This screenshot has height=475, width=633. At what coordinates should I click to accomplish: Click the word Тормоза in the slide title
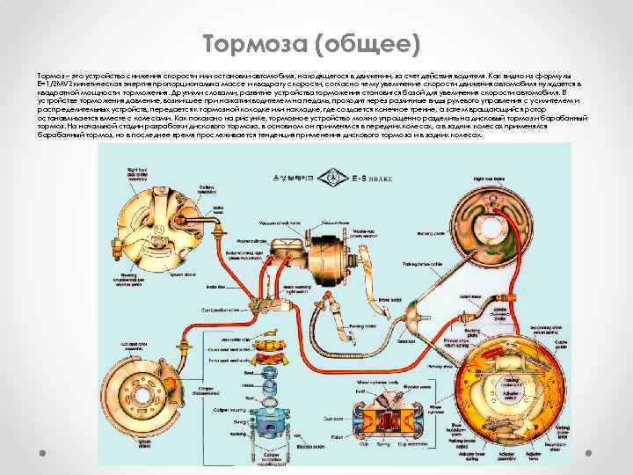[x=254, y=43]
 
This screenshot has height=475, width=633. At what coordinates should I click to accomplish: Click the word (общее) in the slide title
[x=369, y=43]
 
